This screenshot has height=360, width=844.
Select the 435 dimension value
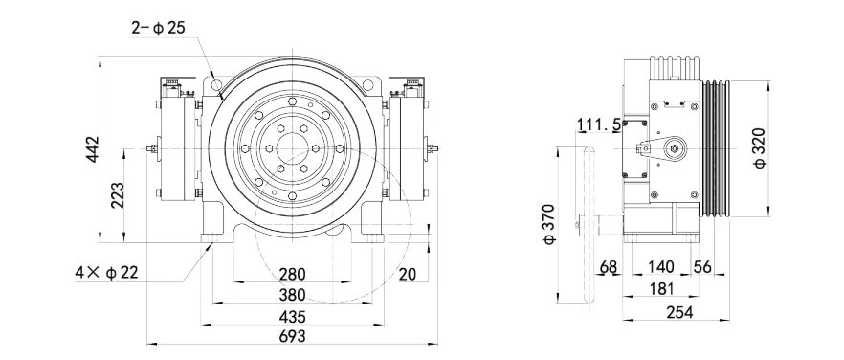pyautogui.click(x=292, y=315)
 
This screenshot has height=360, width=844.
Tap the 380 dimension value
pyautogui.click(x=292, y=295)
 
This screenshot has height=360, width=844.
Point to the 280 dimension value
pyautogui.click(x=292, y=275)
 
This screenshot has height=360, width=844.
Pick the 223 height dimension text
pyautogui.click(x=118, y=195)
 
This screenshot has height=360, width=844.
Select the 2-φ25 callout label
pyautogui.click(x=159, y=28)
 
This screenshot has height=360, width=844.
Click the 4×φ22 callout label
pyautogui.click(x=107, y=273)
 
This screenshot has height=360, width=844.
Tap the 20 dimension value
pyautogui.click(x=408, y=275)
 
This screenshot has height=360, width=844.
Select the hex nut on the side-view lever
pyautogui.click(x=677, y=147)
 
